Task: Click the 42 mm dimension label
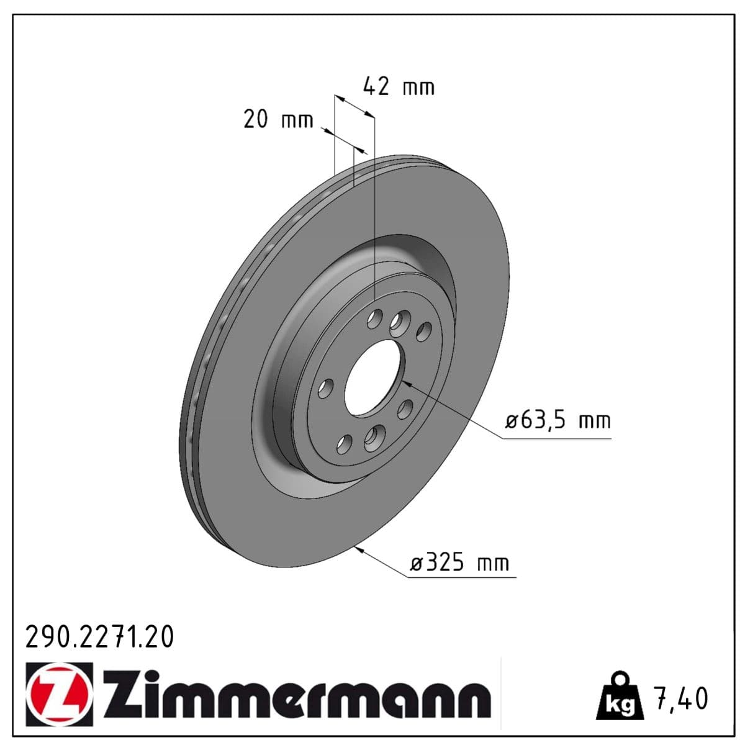pos(398,86)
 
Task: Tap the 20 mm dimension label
pos(278,119)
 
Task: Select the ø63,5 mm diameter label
pos(558,421)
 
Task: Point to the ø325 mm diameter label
pos(459,563)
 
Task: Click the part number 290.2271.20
pos(99,637)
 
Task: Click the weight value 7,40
pos(679,698)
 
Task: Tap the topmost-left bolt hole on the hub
pos(374,320)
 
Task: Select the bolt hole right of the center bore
pos(405,408)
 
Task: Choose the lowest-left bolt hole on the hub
pos(344,444)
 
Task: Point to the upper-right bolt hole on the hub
pos(424,332)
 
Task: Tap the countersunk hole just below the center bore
pos(374,438)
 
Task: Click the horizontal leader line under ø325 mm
pos(463,577)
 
